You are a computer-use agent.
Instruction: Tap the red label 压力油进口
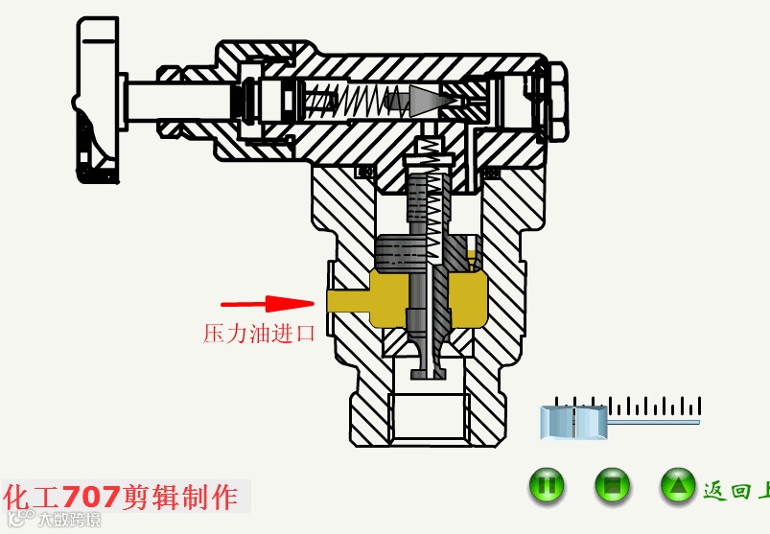(259, 334)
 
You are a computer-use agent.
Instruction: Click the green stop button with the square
(612, 486)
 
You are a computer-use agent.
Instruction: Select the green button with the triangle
(678, 486)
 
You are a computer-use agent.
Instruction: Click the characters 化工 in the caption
(33, 497)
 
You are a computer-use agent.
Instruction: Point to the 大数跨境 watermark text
(69, 521)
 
